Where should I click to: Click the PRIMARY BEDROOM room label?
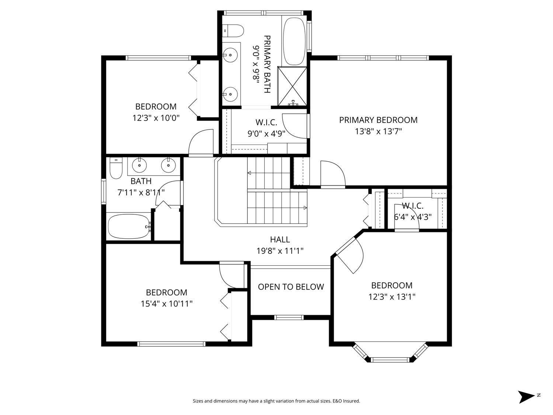pos(378,120)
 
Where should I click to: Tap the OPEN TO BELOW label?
pos(291,287)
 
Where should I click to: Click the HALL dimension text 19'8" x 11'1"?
pos(280,251)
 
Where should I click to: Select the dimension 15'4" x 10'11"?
pos(167,304)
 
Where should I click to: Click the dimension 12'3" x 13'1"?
pos(392,297)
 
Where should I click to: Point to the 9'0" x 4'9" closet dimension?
pos(266,133)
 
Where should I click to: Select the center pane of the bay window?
pos(390,359)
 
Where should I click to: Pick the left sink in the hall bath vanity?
pos(139,165)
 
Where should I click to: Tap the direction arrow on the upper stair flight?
pos(250,173)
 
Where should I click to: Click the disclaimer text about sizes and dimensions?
pos(276,401)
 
